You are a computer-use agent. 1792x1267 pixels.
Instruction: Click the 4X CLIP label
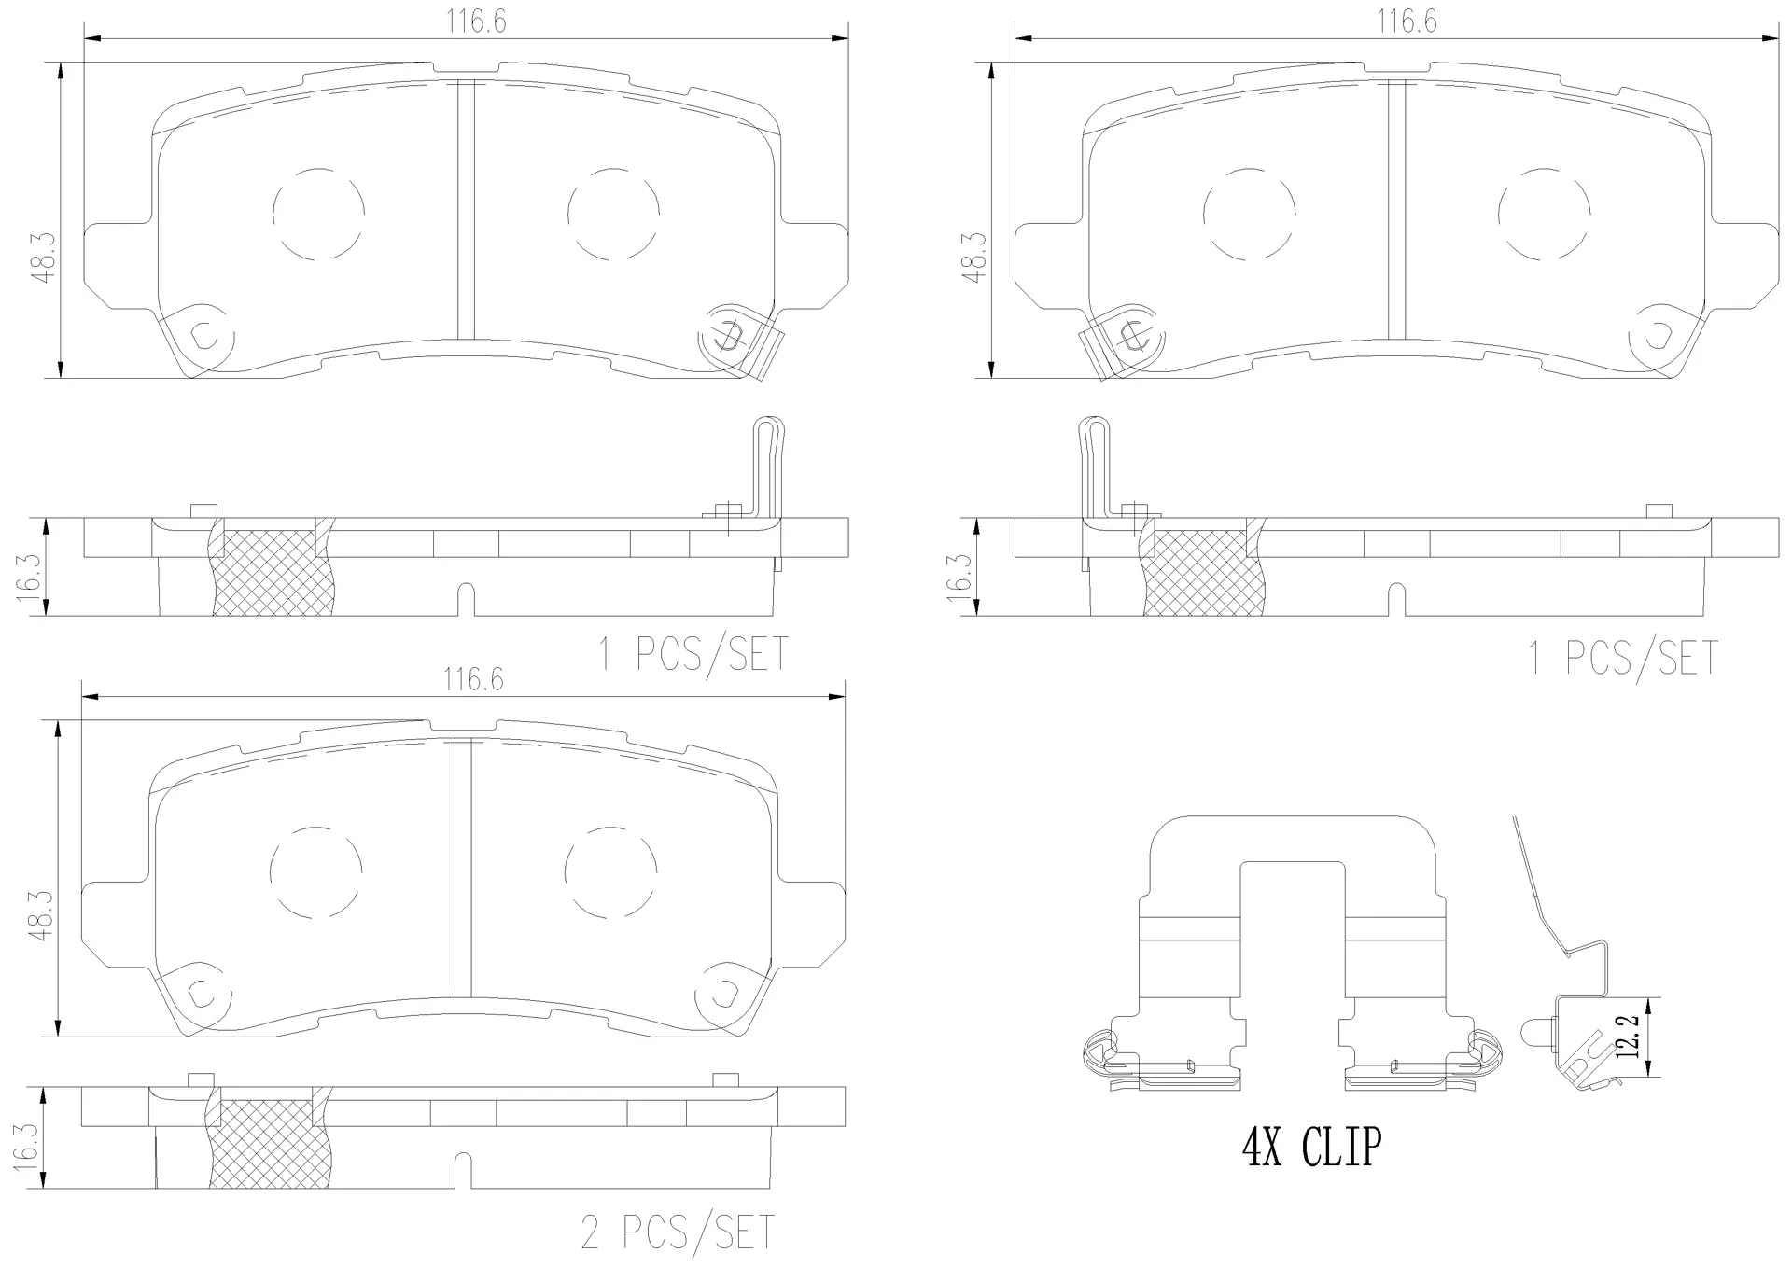tap(1310, 1147)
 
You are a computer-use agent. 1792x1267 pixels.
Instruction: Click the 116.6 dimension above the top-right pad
tap(1407, 21)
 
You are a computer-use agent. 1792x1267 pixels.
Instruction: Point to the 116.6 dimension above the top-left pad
tap(476, 21)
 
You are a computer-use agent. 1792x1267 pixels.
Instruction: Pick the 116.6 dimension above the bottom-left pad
tap(473, 679)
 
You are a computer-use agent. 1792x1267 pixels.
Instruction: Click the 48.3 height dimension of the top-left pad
tap(47, 255)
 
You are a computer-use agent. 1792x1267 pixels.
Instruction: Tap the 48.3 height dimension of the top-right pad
tap(976, 258)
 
